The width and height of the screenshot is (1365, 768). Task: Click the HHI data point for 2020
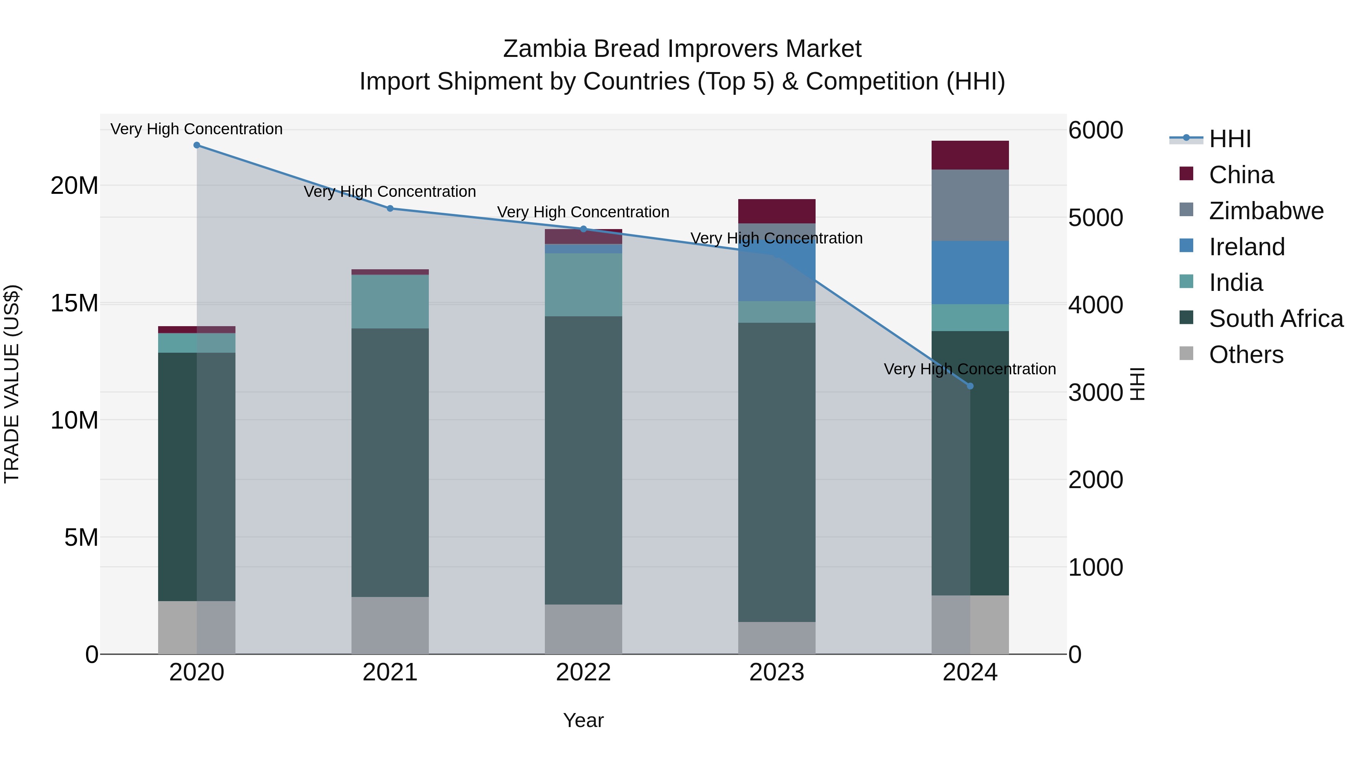[x=196, y=145]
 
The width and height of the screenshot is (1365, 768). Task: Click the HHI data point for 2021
[x=390, y=208]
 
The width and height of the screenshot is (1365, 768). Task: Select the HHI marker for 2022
[x=584, y=229]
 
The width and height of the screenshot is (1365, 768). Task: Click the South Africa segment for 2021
[x=390, y=462]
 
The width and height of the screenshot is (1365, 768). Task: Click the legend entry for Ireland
[x=1246, y=247]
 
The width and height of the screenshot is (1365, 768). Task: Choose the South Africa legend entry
[x=1276, y=319]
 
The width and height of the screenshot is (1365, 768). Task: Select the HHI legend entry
[x=1229, y=139]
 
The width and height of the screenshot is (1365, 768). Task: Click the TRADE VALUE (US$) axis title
[x=12, y=384]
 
